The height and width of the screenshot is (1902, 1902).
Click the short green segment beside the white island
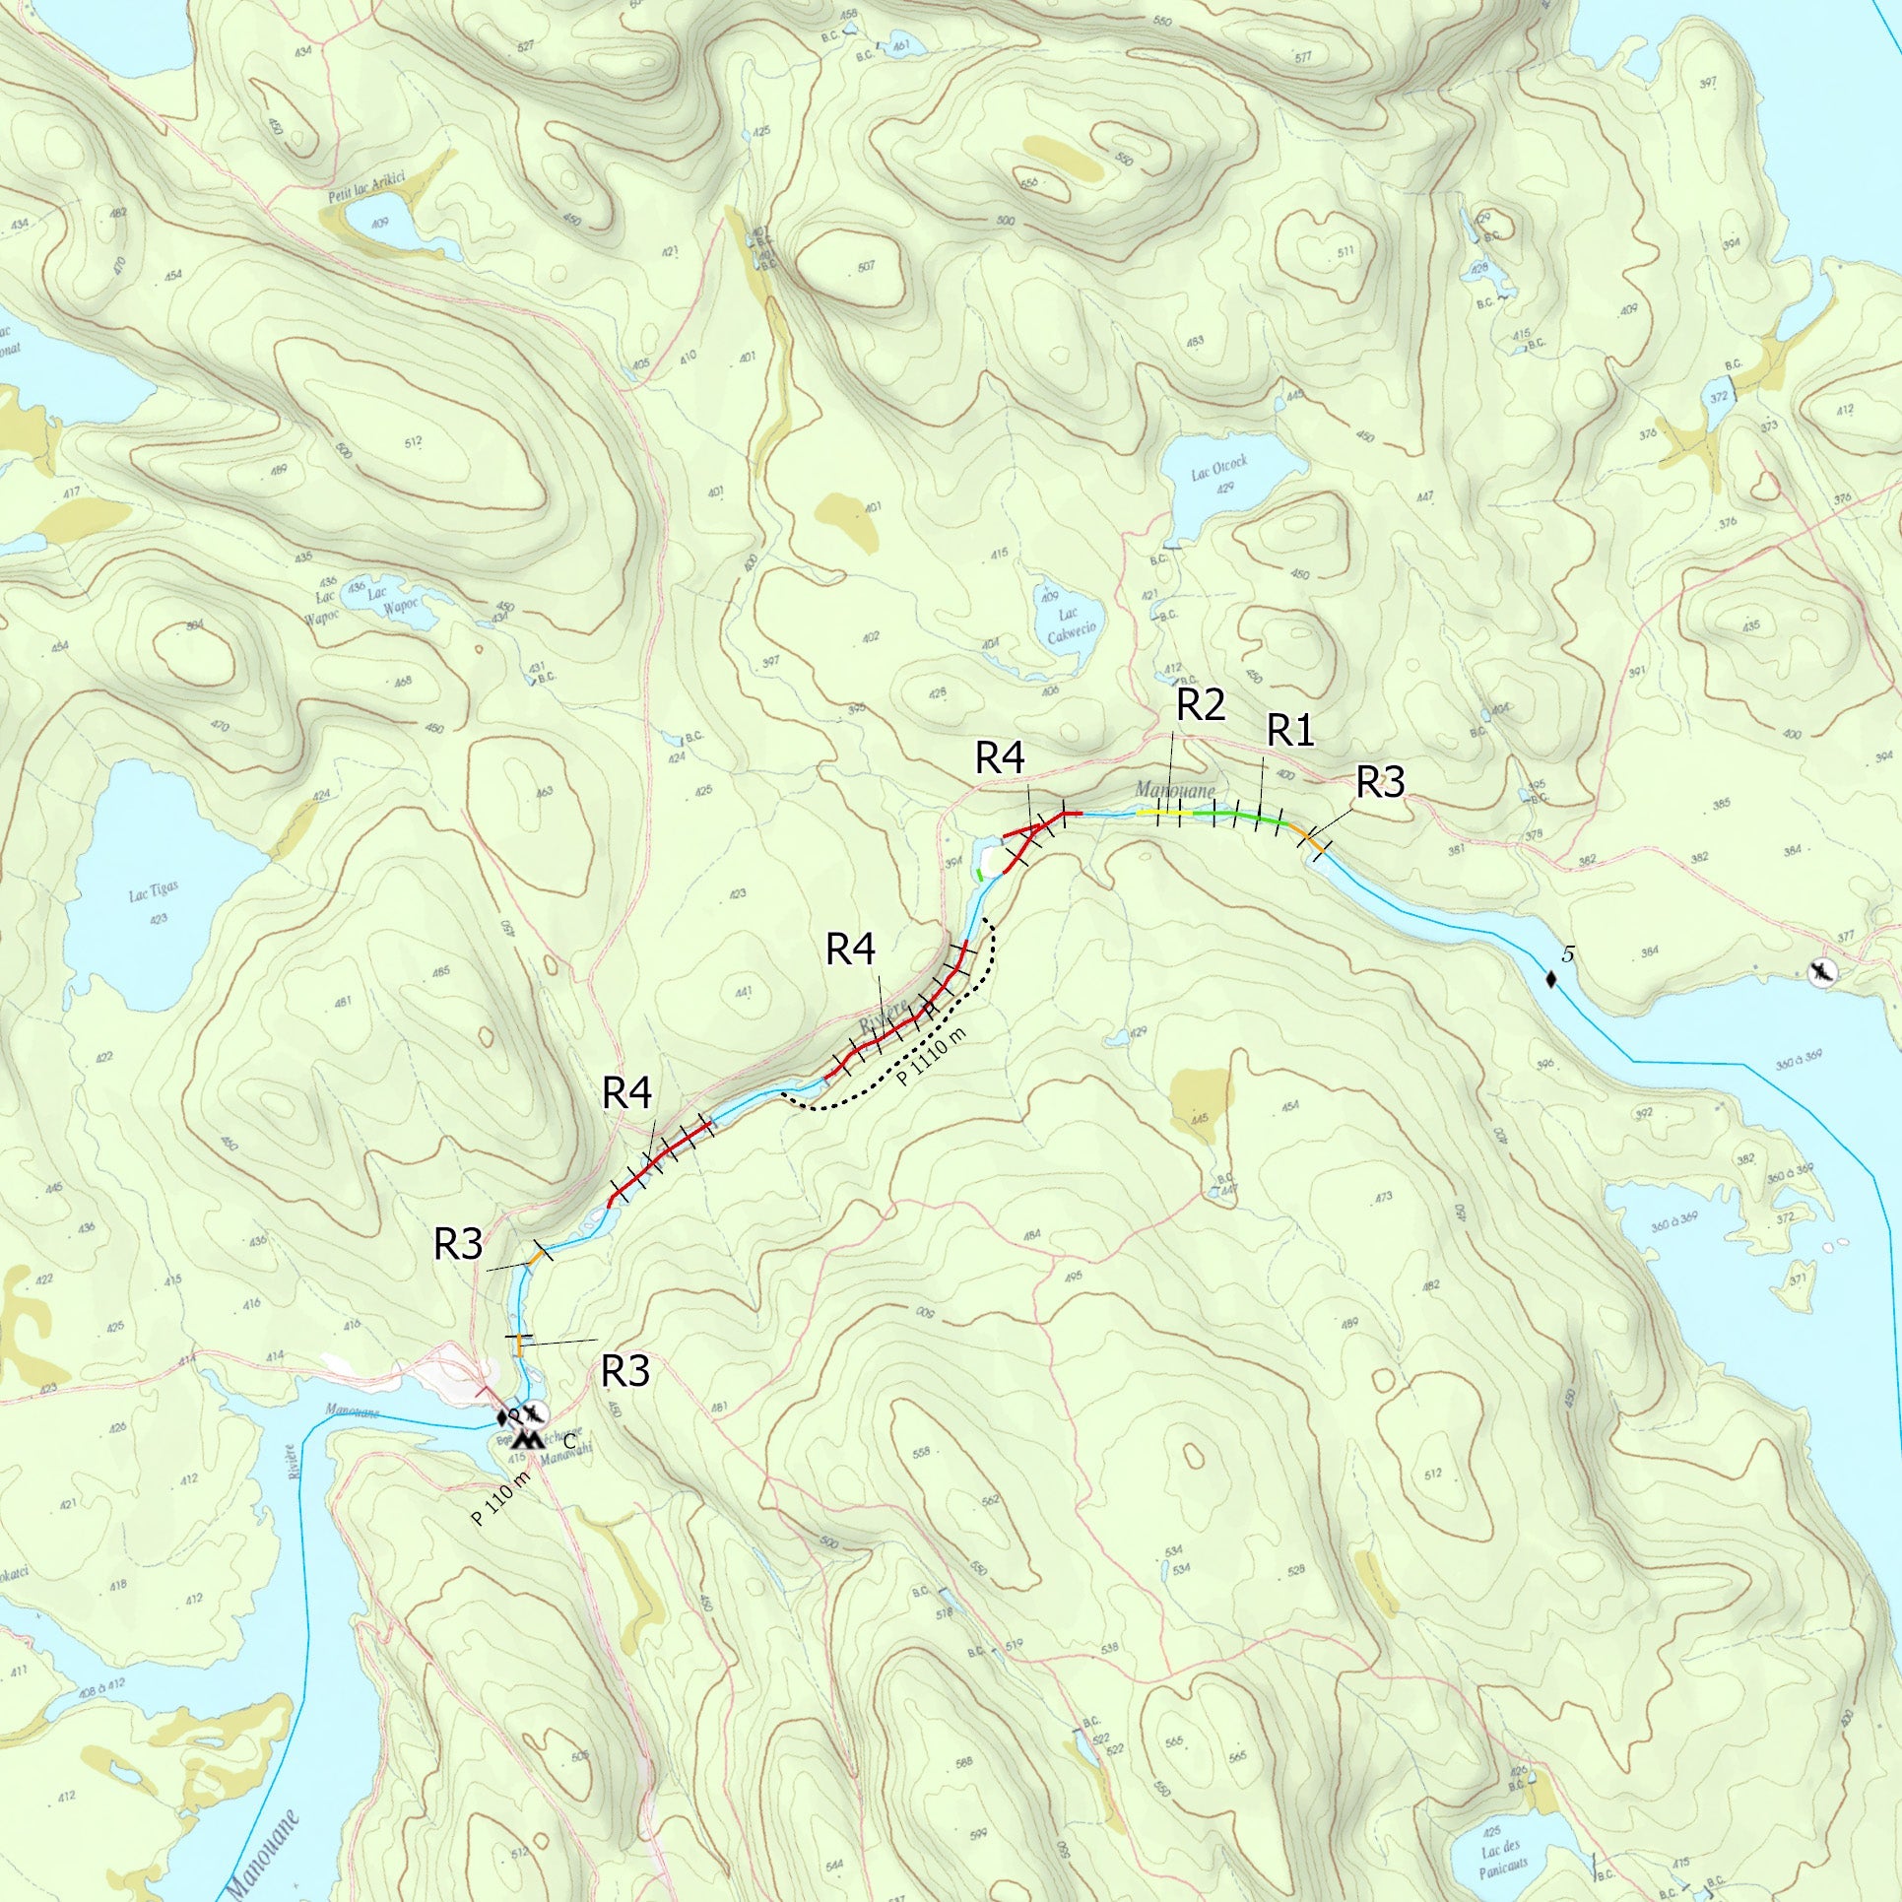click(980, 873)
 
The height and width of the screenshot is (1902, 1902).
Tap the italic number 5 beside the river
click(1569, 953)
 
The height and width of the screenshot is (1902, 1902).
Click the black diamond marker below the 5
click(1551, 979)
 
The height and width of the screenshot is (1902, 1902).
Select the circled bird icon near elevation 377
click(1823, 973)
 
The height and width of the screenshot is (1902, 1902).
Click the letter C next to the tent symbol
click(569, 1441)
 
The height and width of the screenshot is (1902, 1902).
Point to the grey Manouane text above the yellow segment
click(1175, 790)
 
